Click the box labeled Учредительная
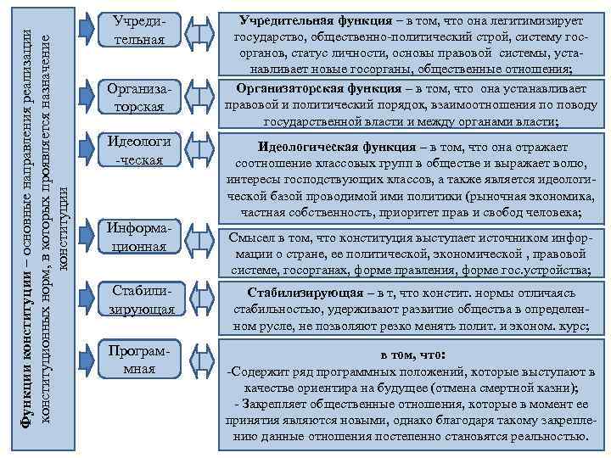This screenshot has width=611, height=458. pos(143,31)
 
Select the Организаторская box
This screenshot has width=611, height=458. pos(143,96)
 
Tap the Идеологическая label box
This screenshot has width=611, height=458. pos(143,150)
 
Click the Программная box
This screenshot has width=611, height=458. pos(143,360)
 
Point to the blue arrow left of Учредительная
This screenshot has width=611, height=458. pos(86,28)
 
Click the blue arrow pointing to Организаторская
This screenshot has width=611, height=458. pos(86,93)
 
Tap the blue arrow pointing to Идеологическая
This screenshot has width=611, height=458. pos(86,148)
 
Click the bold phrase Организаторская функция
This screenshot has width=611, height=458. pos(314,87)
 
